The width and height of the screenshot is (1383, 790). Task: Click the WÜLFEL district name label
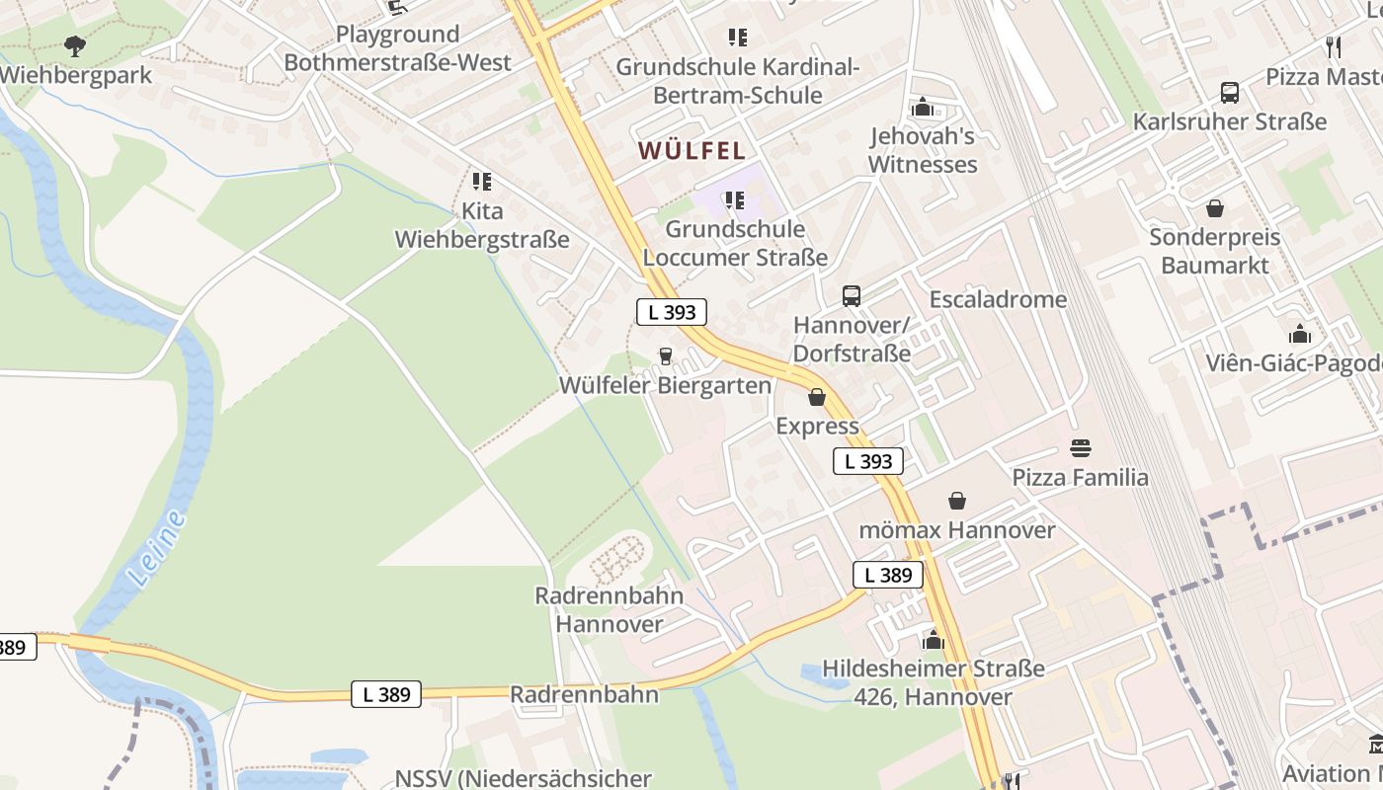pyautogui.click(x=691, y=150)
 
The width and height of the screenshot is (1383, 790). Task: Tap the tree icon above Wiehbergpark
pyautogui.click(x=74, y=45)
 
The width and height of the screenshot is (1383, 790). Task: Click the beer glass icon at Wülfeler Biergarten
pyautogui.click(x=666, y=356)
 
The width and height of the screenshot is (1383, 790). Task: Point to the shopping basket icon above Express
pyautogui.click(x=817, y=397)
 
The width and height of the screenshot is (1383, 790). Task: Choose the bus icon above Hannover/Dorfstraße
pyautogui.click(x=852, y=295)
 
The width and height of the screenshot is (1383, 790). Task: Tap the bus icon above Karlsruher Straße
pyautogui.click(x=1230, y=93)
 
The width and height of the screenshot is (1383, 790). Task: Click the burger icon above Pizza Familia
pyautogui.click(x=1081, y=448)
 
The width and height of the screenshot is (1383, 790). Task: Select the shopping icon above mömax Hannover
pyautogui.click(x=956, y=501)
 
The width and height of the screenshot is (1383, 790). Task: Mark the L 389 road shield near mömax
pyautogui.click(x=888, y=575)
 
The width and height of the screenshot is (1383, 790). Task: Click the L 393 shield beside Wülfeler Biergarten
pyautogui.click(x=672, y=312)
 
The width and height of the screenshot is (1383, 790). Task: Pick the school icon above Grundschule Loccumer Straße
pyautogui.click(x=735, y=200)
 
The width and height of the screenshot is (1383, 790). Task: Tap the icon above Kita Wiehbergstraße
pyautogui.click(x=482, y=182)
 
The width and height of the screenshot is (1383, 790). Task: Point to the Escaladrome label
pyautogui.click(x=998, y=299)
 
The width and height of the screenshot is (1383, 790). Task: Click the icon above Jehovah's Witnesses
pyautogui.click(x=923, y=107)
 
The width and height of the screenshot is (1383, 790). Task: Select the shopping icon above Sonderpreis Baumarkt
pyautogui.click(x=1215, y=208)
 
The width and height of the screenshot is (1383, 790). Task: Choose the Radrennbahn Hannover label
pyautogui.click(x=609, y=609)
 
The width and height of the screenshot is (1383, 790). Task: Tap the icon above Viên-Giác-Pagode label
pyautogui.click(x=1300, y=334)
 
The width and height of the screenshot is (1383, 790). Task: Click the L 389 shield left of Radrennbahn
pyautogui.click(x=386, y=694)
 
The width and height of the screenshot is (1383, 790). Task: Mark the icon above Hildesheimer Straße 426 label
pyautogui.click(x=934, y=640)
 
